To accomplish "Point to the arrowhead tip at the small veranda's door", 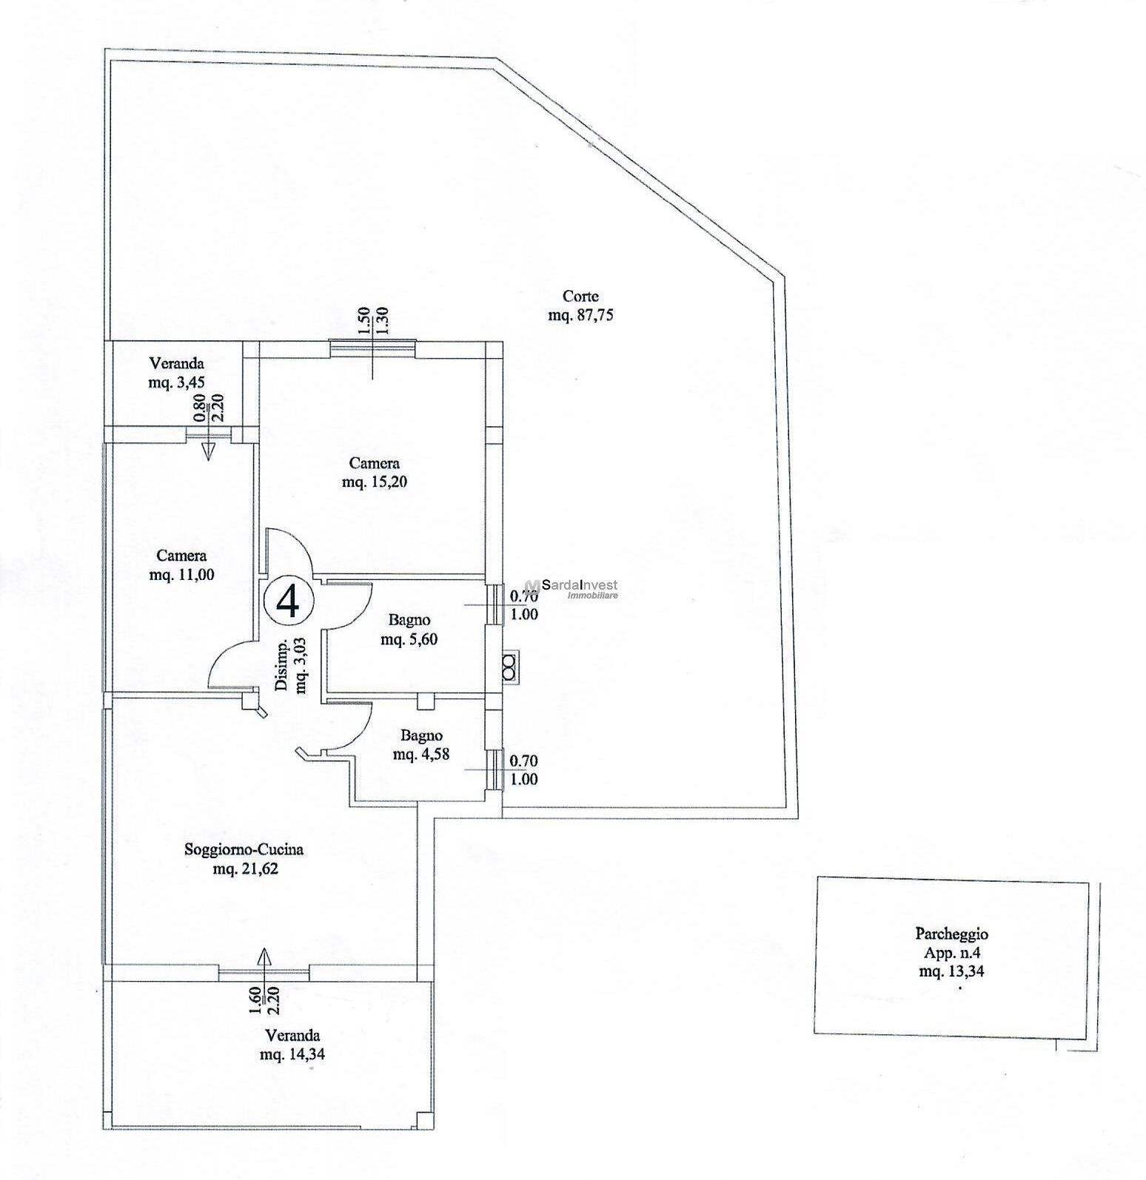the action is [208, 460].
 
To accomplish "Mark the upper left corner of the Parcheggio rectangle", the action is [817, 877].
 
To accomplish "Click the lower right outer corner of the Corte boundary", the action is [798, 817].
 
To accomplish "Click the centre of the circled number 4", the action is [287, 601].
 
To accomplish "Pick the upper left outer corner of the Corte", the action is [104, 49].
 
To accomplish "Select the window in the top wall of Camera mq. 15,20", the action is [372, 345].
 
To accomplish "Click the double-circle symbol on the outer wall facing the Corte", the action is [509, 665].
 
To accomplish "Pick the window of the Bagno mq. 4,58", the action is [493, 769].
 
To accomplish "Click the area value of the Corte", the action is [581, 315].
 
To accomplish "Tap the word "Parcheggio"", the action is [952, 934].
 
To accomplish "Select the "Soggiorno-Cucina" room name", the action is [244, 850].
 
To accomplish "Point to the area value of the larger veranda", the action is [292, 1054].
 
